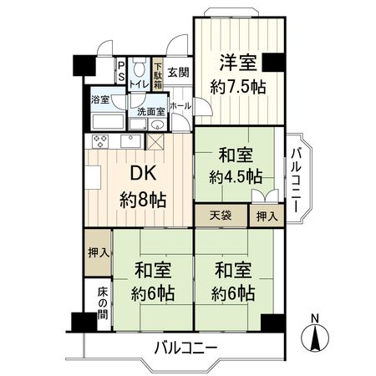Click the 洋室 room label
coord(237,64)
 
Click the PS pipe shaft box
coord(121,71)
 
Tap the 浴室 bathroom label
coord(100,99)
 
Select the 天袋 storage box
coord(221,216)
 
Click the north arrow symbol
coord(315,337)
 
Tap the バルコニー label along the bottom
coord(186,348)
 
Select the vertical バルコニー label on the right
coord(297,180)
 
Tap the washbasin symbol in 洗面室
coord(157,125)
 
